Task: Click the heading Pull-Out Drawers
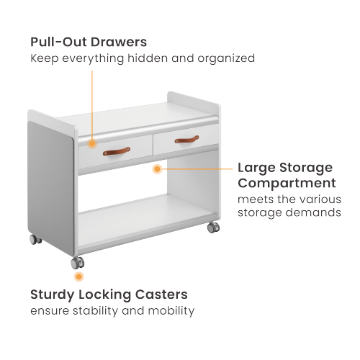(x=89, y=42)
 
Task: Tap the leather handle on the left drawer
(x=116, y=151)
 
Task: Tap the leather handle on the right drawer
(x=186, y=138)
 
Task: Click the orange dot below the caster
(x=78, y=276)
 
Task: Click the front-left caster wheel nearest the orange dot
(x=78, y=262)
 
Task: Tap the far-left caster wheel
(x=34, y=239)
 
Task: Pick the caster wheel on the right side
(x=213, y=228)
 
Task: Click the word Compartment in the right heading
(x=287, y=183)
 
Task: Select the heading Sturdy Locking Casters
(x=109, y=294)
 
